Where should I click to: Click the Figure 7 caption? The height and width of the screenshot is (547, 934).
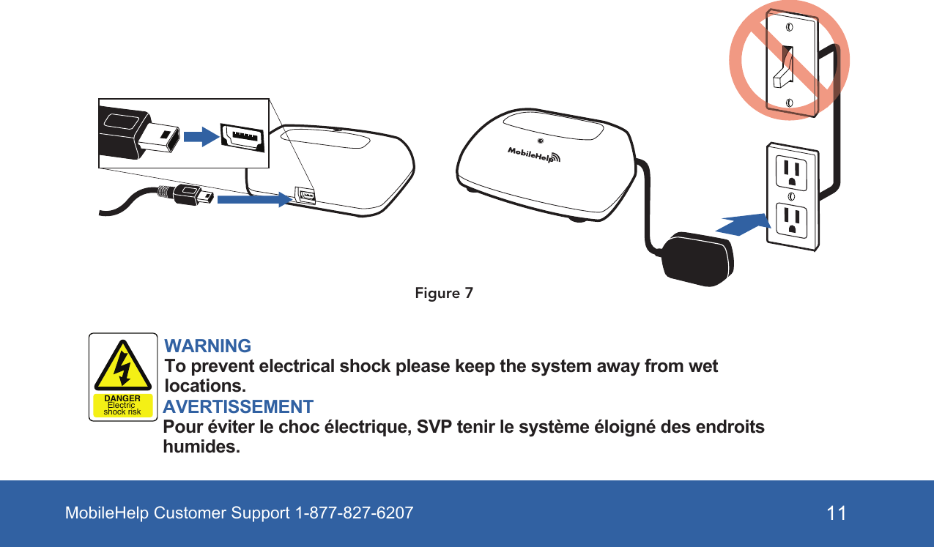[443, 294]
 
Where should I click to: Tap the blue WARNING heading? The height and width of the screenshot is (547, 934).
[208, 346]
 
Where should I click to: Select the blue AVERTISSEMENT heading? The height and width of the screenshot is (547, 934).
[238, 406]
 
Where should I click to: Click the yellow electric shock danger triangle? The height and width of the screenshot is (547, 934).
[123, 366]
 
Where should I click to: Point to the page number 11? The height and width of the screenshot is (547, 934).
[837, 513]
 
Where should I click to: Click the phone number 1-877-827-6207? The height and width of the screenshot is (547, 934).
[354, 513]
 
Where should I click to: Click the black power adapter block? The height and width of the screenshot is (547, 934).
[697, 256]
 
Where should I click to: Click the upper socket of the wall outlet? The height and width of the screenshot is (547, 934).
[791, 173]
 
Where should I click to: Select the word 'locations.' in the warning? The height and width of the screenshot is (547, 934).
[206, 385]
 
